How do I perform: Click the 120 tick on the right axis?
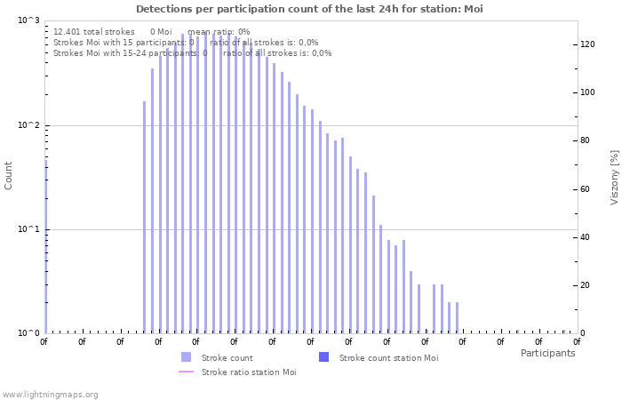587,44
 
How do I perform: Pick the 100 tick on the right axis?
587,92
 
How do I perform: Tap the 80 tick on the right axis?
586,140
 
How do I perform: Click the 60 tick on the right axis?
586,189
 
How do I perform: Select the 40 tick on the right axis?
586,237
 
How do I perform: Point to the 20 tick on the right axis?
586,285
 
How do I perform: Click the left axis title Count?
9,175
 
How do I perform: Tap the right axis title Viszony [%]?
613,177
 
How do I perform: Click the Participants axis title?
547,353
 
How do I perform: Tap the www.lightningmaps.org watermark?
50,394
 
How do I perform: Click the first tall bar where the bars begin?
144,217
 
